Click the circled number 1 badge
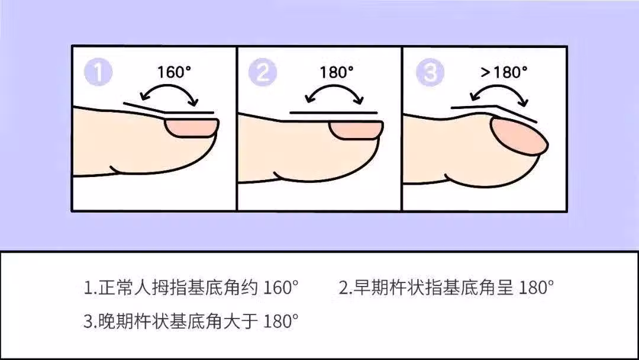98,72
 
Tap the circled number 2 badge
263,72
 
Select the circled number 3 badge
430,72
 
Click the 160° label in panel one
174,72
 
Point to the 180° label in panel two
336,72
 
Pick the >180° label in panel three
504,72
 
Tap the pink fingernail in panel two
356,130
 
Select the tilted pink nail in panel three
519,136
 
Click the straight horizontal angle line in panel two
333,112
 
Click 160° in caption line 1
281,287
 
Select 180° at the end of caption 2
536,287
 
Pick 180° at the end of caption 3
281,322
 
